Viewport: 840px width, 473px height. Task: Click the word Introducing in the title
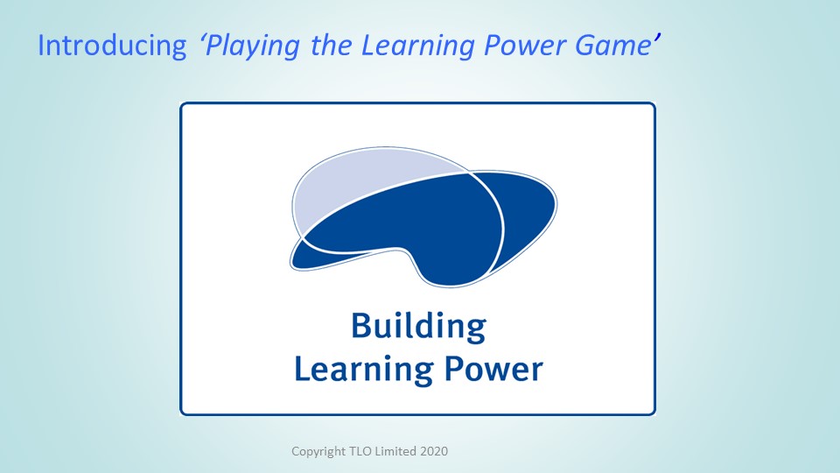[x=112, y=45]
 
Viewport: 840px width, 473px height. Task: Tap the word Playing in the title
[x=252, y=46]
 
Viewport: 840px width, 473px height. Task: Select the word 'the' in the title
[x=331, y=45]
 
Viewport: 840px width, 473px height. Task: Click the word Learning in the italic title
[x=418, y=46]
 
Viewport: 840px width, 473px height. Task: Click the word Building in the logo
[x=418, y=327]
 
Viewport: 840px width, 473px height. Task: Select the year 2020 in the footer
[x=434, y=451]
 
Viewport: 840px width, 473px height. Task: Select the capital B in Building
[x=361, y=325]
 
